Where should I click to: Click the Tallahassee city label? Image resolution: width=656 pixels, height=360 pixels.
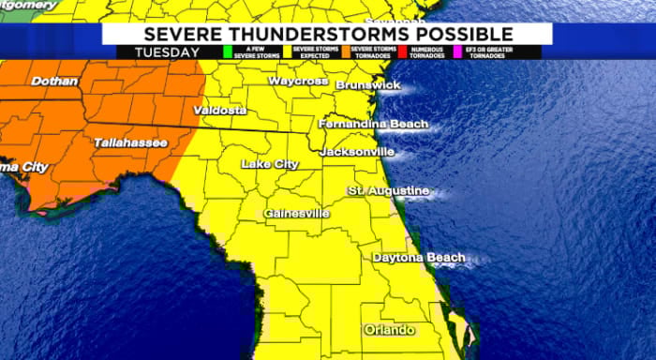click(130, 142)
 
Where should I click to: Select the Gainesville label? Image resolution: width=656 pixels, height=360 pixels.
click(296, 214)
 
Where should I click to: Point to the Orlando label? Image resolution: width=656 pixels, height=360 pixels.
click(389, 331)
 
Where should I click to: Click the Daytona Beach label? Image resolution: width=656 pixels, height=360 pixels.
click(419, 258)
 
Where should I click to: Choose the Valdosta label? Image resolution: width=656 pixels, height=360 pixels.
click(220, 111)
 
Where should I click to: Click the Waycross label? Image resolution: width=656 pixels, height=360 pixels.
click(298, 82)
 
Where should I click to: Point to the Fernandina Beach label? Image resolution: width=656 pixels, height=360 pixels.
click(373, 124)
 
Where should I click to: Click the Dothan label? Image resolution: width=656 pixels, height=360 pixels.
click(54, 82)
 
